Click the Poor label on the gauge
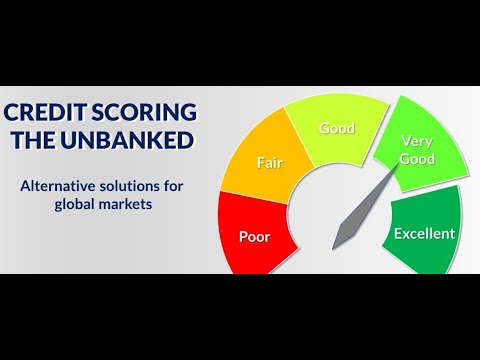pyautogui.click(x=255, y=237)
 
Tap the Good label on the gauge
pyautogui.click(x=337, y=128)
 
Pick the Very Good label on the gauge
pyautogui.click(x=416, y=149)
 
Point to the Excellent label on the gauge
pyautogui.click(x=424, y=234)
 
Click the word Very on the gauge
pyautogui.click(x=416, y=141)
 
